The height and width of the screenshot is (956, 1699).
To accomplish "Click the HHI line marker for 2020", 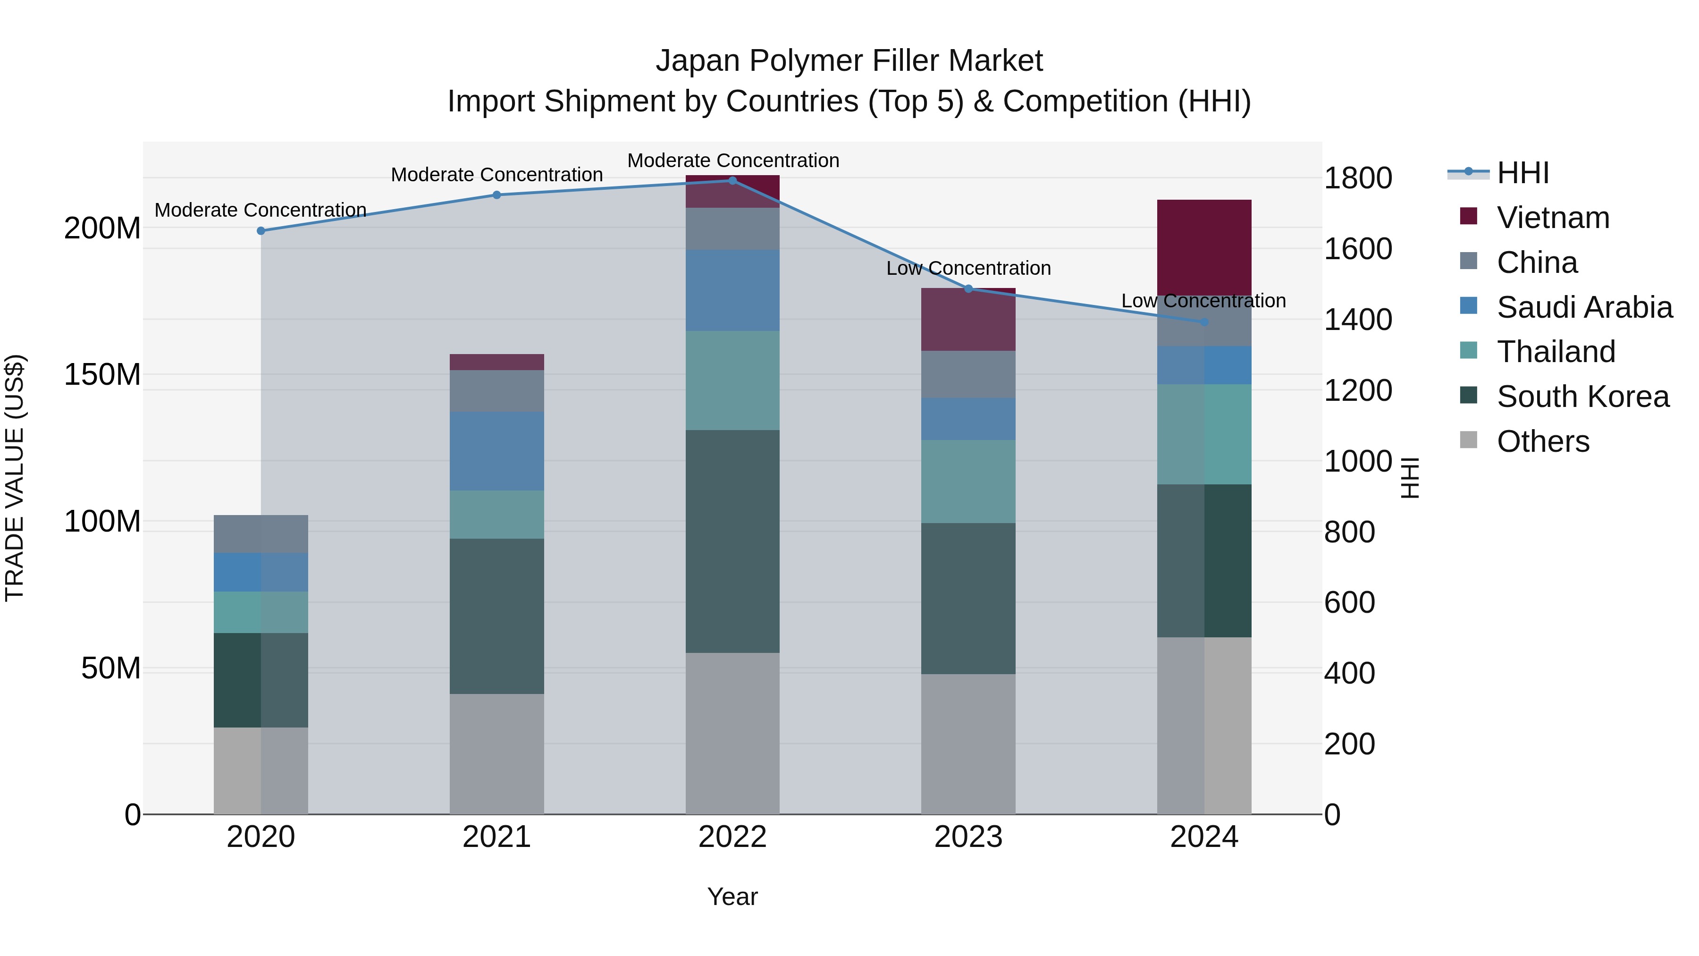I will click(261, 231).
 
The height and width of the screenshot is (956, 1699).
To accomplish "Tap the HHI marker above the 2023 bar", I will click(968, 288).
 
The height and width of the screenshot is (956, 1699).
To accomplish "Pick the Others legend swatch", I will click(1469, 440).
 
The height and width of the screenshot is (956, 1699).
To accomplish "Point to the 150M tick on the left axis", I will click(102, 375).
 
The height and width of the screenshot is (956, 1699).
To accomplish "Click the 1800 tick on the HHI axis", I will click(1357, 178).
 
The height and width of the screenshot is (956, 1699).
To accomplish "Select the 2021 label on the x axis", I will click(496, 837).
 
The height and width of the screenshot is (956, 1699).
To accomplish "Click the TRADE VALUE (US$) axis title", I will click(15, 478).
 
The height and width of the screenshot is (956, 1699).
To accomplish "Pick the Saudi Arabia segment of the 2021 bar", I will click(496, 451).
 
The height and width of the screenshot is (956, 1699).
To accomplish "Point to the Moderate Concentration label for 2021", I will click(496, 175).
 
